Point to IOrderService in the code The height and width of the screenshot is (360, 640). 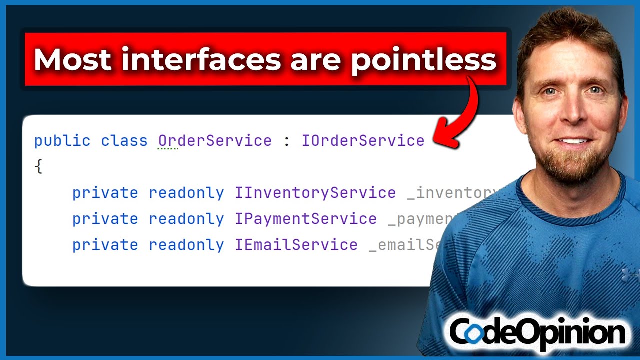[x=363, y=141]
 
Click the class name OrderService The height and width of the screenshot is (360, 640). [x=215, y=141]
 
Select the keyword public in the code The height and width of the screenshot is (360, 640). [x=62, y=141]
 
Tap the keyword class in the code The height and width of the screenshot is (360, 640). [x=124, y=141]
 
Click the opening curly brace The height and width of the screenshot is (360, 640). [x=39, y=167]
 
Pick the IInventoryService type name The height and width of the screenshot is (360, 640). [x=315, y=193]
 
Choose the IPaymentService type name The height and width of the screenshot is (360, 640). [x=306, y=219]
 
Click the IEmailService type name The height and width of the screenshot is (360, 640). [x=296, y=245]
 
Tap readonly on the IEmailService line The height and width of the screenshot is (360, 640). [x=186, y=245]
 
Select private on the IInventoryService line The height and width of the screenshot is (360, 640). [x=105, y=193]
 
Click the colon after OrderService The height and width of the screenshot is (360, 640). [x=286, y=141]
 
